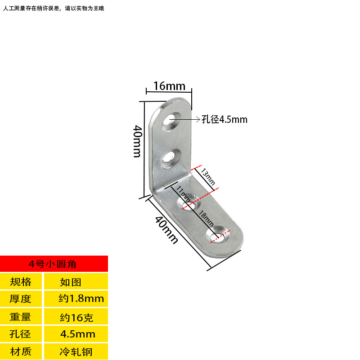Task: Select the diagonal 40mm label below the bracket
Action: pyautogui.click(x=166, y=230)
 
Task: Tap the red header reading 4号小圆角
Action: pyautogui.click(x=54, y=263)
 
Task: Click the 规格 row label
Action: pyautogui.click(x=21, y=282)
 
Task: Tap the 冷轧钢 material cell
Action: pyautogui.click(x=75, y=351)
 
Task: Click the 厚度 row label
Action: pyautogui.click(x=21, y=298)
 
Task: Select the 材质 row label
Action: pyautogui.click(x=21, y=351)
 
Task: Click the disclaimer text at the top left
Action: pyautogui.click(x=54, y=8)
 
